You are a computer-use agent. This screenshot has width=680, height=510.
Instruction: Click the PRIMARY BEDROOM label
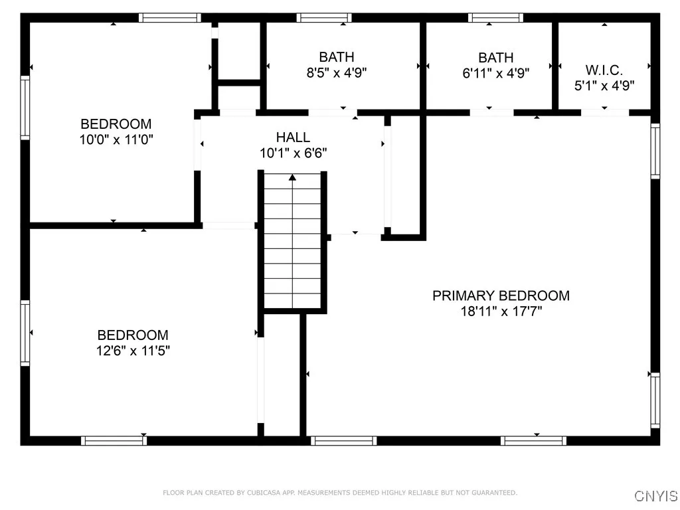tap(501, 296)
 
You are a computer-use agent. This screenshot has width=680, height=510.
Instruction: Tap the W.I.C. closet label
tap(604, 70)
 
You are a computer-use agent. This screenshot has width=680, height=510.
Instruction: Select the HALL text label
tap(293, 137)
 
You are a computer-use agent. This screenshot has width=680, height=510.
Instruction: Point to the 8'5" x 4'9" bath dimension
tap(337, 73)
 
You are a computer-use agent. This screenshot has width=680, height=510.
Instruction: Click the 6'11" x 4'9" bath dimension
tap(495, 73)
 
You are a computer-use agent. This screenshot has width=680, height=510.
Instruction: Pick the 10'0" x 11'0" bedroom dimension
tap(116, 139)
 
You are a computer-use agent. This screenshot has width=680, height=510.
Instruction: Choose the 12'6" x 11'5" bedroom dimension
tap(133, 351)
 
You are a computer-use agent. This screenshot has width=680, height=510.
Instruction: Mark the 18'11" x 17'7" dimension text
tap(501, 311)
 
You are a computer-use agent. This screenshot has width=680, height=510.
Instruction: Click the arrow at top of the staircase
tap(292, 177)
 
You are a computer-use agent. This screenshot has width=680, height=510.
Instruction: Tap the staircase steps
tap(292, 246)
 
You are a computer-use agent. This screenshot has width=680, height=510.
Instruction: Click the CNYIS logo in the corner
tap(656, 496)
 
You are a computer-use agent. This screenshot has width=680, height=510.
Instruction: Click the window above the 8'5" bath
tap(323, 18)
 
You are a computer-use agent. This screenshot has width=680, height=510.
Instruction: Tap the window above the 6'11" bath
tap(495, 18)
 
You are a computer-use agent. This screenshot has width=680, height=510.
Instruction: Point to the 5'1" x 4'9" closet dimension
tap(604, 85)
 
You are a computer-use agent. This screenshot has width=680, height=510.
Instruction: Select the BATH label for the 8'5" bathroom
tap(337, 57)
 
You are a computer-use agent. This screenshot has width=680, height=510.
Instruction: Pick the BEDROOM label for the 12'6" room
tap(133, 335)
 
